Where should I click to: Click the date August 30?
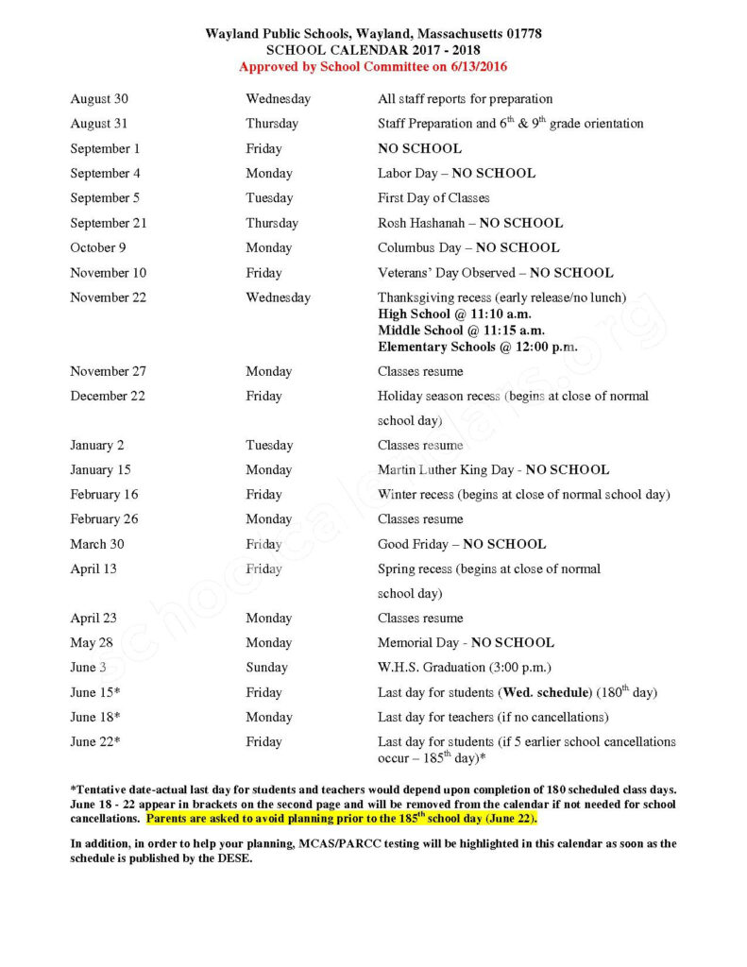point(99,99)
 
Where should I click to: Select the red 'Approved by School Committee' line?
point(373,67)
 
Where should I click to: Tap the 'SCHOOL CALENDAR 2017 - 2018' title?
point(373,51)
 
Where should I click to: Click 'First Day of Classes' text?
point(433,198)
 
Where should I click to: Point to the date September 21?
point(109,224)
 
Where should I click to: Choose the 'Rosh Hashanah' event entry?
point(469,224)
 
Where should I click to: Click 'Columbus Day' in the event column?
point(468,248)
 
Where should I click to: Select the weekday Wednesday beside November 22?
point(278,297)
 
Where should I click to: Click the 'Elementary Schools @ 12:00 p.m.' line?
point(477,347)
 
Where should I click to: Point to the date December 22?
point(108,397)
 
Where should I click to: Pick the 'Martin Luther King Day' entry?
point(493,470)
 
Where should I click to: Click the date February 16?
point(104,495)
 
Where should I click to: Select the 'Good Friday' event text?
point(461,544)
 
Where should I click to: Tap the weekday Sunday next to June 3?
point(266,668)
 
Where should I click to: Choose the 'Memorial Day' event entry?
point(466,643)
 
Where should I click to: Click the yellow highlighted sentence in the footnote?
point(341,819)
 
